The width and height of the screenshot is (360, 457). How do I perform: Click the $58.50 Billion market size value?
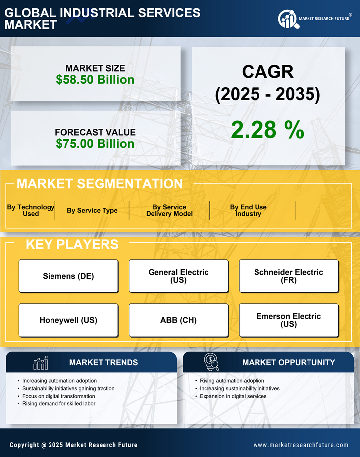[95, 80]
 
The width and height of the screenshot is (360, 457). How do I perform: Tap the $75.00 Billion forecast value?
[95, 144]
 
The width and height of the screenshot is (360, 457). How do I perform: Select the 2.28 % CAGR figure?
[267, 130]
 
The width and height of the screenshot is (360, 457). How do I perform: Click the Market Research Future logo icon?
[288, 19]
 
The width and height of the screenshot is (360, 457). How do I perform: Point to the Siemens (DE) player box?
[68, 276]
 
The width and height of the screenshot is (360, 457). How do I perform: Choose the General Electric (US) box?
[178, 276]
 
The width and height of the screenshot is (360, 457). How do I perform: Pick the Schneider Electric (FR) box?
[288, 276]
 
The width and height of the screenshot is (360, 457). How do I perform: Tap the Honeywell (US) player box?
[68, 320]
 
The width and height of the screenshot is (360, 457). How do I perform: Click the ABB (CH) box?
[178, 320]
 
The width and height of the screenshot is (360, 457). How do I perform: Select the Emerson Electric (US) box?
[288, 320]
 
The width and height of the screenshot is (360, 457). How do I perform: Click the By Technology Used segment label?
[31, 210]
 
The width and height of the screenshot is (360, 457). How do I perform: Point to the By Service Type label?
[92, 210]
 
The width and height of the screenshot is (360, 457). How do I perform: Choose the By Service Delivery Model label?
[169, 210]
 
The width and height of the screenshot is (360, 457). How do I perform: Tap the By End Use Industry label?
[248, 210]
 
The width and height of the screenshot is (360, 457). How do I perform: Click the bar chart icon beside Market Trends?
[41, 363]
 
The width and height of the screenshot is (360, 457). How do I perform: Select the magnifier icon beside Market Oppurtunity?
[211, 362]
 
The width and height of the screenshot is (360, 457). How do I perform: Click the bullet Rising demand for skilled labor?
[58, 404]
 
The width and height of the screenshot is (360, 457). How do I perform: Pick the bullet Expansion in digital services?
[233, 396]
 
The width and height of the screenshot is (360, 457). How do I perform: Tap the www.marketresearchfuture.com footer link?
[301, 445]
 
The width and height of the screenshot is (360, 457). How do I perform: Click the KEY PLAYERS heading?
[72, 244]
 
